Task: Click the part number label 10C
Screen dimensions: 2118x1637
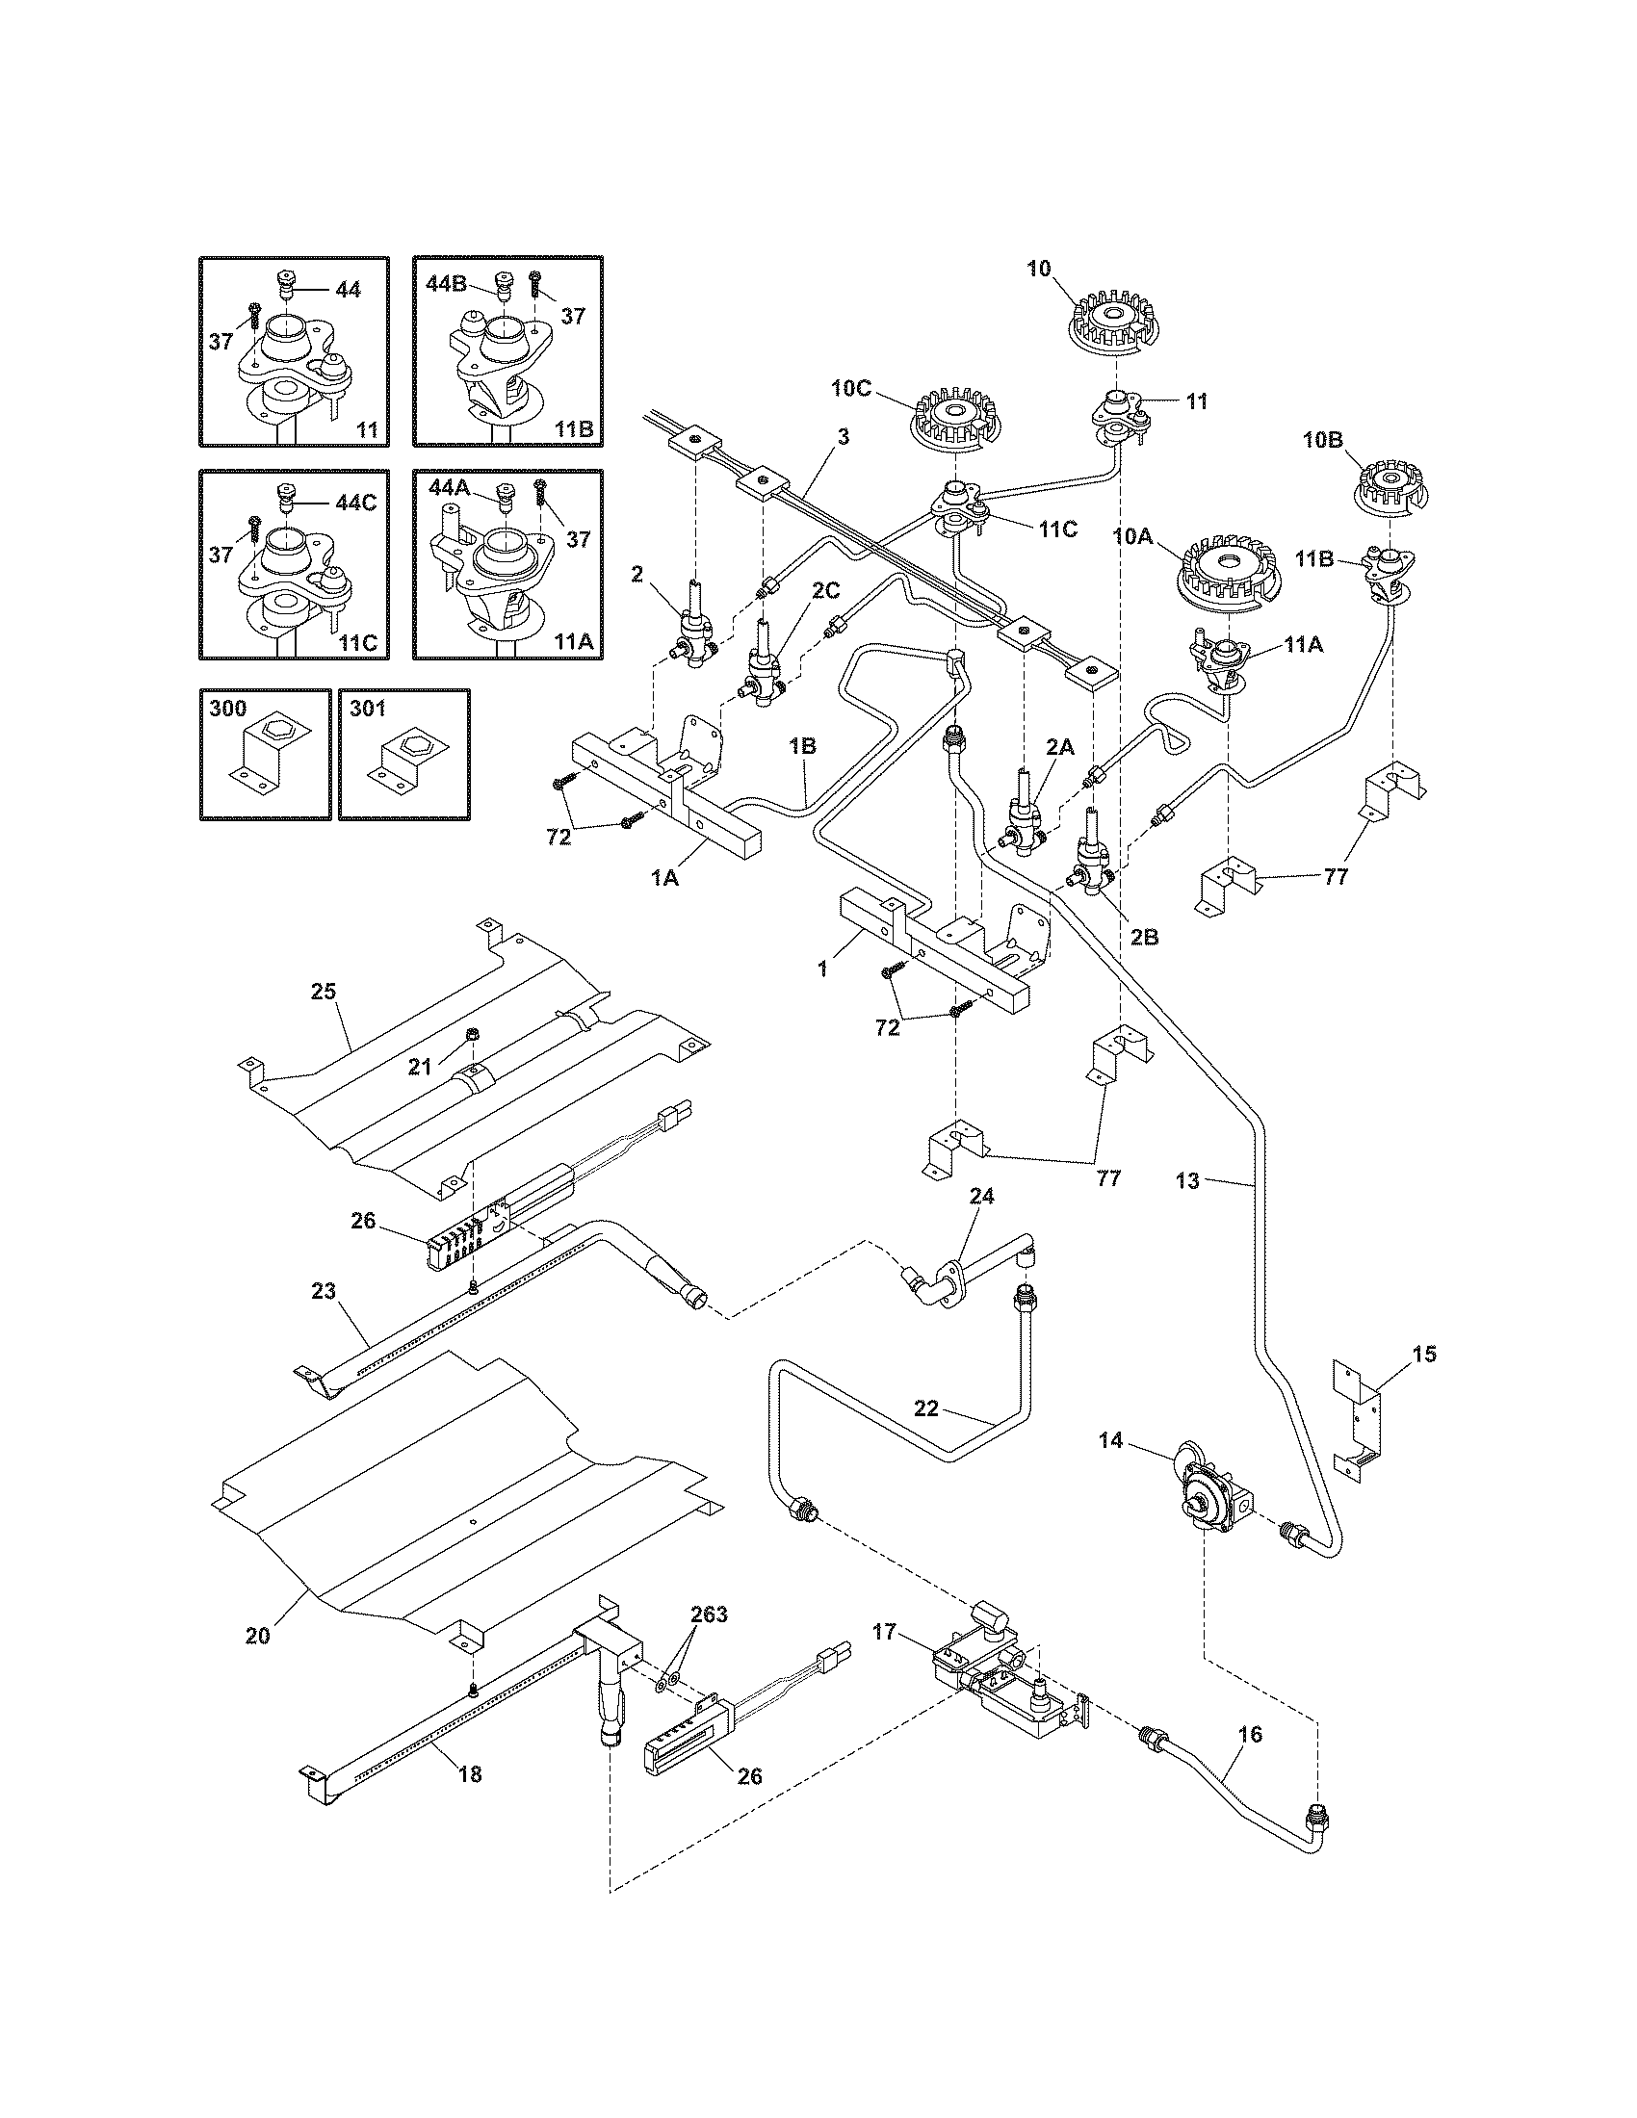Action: [x=852, y=388]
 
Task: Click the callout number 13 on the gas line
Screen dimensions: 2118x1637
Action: [x=1187, y=1181]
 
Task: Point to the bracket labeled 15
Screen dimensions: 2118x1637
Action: [x=1361, y=1423]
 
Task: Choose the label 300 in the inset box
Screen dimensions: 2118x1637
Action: [x=228, y=710]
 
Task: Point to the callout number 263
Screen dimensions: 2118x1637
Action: [x=709, y=1615]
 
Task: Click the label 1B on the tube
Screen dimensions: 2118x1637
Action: [x=802, y=747]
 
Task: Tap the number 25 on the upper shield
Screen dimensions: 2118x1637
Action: [x=323, y=991]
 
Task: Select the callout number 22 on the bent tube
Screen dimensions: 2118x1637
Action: [x=927, y=1408]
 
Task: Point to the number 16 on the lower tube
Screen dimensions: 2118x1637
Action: [x=1251, y=1734]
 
